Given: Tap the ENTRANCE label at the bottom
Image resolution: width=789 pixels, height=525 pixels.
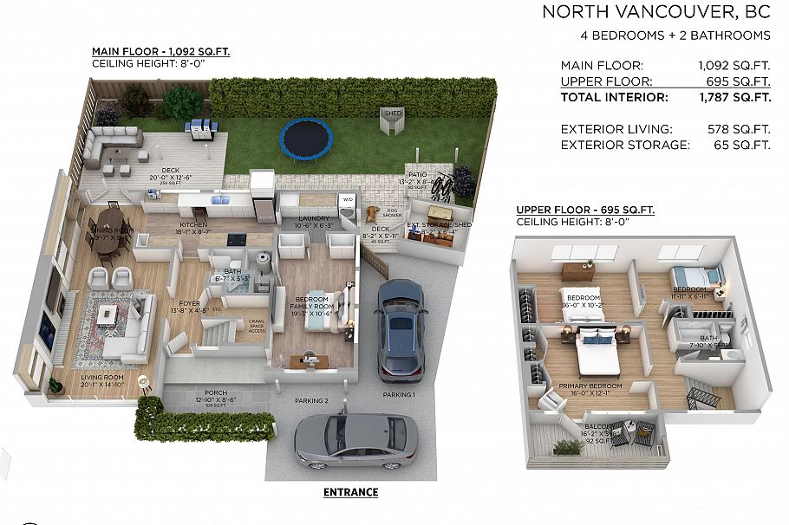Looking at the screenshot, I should (350, 492).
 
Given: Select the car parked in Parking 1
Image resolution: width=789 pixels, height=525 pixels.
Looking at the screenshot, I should (400, 329).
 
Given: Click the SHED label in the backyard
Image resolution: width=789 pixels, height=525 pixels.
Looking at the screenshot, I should (391, 113).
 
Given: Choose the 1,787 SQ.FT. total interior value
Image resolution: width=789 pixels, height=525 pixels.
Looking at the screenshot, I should (734, 97).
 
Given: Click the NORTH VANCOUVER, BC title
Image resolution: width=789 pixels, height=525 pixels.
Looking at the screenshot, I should (655, 12).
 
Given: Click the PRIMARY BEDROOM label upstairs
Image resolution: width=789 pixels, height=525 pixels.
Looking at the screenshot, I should (590, 386).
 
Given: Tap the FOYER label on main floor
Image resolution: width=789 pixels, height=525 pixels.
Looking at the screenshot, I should (189, 303).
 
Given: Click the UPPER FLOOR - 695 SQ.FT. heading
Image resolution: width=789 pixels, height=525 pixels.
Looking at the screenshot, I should (584, 210).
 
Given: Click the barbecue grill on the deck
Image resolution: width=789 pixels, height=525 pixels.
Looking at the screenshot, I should (199, 128).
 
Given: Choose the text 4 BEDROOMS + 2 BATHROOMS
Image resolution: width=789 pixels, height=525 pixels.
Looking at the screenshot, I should (675, 36).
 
